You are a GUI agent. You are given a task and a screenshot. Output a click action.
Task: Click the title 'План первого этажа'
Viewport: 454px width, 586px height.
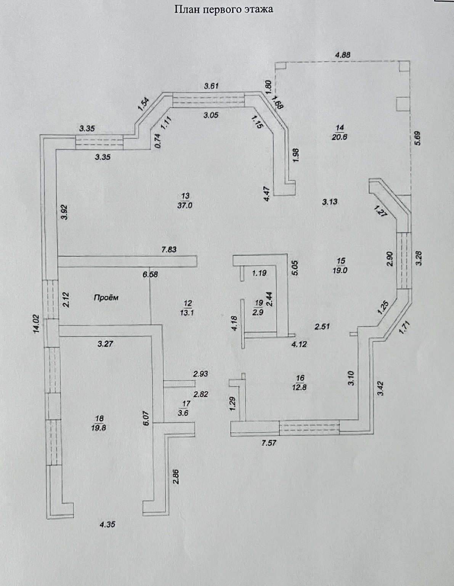[x=224, y=9]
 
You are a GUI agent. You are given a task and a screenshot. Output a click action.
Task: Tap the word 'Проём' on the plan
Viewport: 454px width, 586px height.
[x=106, y=298]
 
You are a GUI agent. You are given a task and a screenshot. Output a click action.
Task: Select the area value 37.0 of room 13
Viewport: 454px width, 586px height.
[x=185, y=205]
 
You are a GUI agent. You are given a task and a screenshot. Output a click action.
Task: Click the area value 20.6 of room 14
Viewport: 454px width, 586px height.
[x=339, y=138]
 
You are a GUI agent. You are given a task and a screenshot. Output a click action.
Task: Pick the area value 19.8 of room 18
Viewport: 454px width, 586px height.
[x=99, y=427]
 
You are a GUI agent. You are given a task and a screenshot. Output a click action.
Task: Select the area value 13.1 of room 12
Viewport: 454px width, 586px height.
[x=188, y=313]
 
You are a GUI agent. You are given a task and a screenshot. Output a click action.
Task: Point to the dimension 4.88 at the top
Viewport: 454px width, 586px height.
[x=342, y=55]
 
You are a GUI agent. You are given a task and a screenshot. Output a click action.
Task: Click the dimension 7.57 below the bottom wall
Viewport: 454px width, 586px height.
[x=268, y=443]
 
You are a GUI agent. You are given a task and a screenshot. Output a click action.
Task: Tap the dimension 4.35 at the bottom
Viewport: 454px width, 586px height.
[x=107, y=524]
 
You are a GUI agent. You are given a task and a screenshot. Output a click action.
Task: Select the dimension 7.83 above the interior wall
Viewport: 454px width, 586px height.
[x=169, y=250]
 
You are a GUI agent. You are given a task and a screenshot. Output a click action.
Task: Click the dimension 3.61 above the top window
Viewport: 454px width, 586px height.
[x=211, y=86]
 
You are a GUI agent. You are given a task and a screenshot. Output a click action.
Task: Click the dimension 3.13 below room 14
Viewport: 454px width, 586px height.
[x=329, y=202]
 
